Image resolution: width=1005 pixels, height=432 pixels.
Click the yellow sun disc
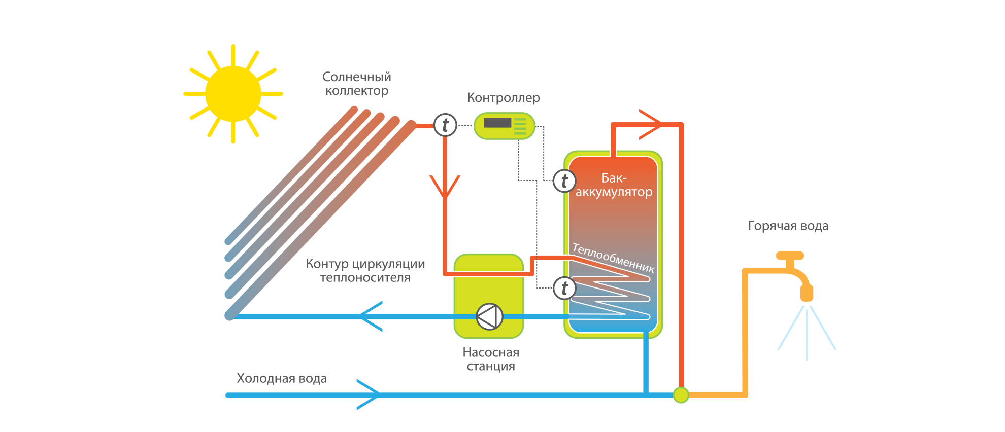click(233, 94)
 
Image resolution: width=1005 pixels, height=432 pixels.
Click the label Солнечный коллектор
click(357, 84)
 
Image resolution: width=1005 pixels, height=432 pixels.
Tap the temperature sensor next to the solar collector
click(445, 125)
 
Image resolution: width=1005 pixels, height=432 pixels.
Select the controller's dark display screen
click(497, 123)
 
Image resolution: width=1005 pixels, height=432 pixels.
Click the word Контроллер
click(503, 98)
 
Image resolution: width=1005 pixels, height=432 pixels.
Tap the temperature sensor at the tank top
click(564, 181)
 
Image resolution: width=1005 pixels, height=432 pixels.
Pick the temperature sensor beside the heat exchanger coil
click(564, 289)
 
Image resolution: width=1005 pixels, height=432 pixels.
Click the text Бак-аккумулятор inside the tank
click(614, 185)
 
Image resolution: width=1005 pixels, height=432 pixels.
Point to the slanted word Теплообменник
click(613, 258)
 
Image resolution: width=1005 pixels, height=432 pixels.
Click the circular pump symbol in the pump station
click(489, 316)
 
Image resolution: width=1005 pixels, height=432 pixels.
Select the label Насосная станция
click(491, 359)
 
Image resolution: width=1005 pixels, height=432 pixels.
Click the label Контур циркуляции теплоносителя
click(365, 271)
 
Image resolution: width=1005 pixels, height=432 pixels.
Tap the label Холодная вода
click(282, 379)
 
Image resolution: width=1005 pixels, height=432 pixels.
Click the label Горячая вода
click(788, 226)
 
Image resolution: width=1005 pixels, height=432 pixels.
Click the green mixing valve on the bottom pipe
click(681, 395)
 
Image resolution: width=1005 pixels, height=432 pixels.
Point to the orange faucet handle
click(790, 256)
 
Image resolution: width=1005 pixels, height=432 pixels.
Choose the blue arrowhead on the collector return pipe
click(371, 316)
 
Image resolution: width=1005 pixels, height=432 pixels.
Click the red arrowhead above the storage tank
click(651, 124)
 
